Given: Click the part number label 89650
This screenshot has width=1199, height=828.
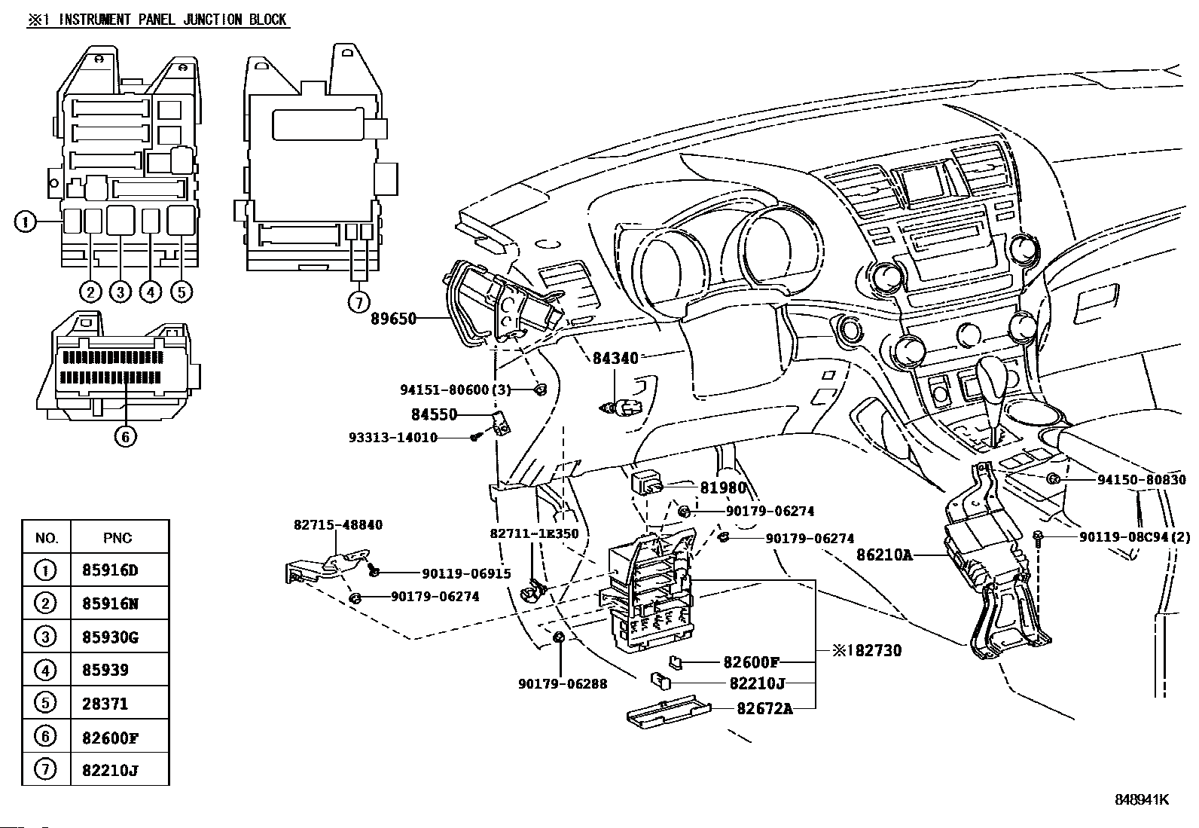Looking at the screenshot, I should point(393,319).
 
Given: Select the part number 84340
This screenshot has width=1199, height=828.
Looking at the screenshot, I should point(615,358).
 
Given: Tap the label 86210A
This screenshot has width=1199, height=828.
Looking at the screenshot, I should point(884,555).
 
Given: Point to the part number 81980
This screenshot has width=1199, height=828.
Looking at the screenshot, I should point(723,487).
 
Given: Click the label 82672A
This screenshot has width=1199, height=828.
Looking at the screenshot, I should point(764,708).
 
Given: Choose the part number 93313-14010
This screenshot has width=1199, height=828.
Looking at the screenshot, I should point(392,437).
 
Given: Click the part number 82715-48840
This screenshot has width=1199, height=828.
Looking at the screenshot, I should point(337,524).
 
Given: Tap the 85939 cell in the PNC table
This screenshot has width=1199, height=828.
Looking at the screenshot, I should point(105,670).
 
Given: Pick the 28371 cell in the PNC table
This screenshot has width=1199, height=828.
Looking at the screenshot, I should point(105,704).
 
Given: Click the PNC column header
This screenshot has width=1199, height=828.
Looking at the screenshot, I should point(117,537).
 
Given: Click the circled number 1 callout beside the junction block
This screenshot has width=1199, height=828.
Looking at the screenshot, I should point(25,222).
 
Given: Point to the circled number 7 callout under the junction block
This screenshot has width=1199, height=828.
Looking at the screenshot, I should point(359,302).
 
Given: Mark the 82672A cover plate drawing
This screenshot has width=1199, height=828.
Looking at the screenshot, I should point(668,713).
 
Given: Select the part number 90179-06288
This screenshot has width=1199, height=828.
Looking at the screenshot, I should point(563,683).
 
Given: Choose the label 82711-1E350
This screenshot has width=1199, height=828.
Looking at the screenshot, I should point(534,533).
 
